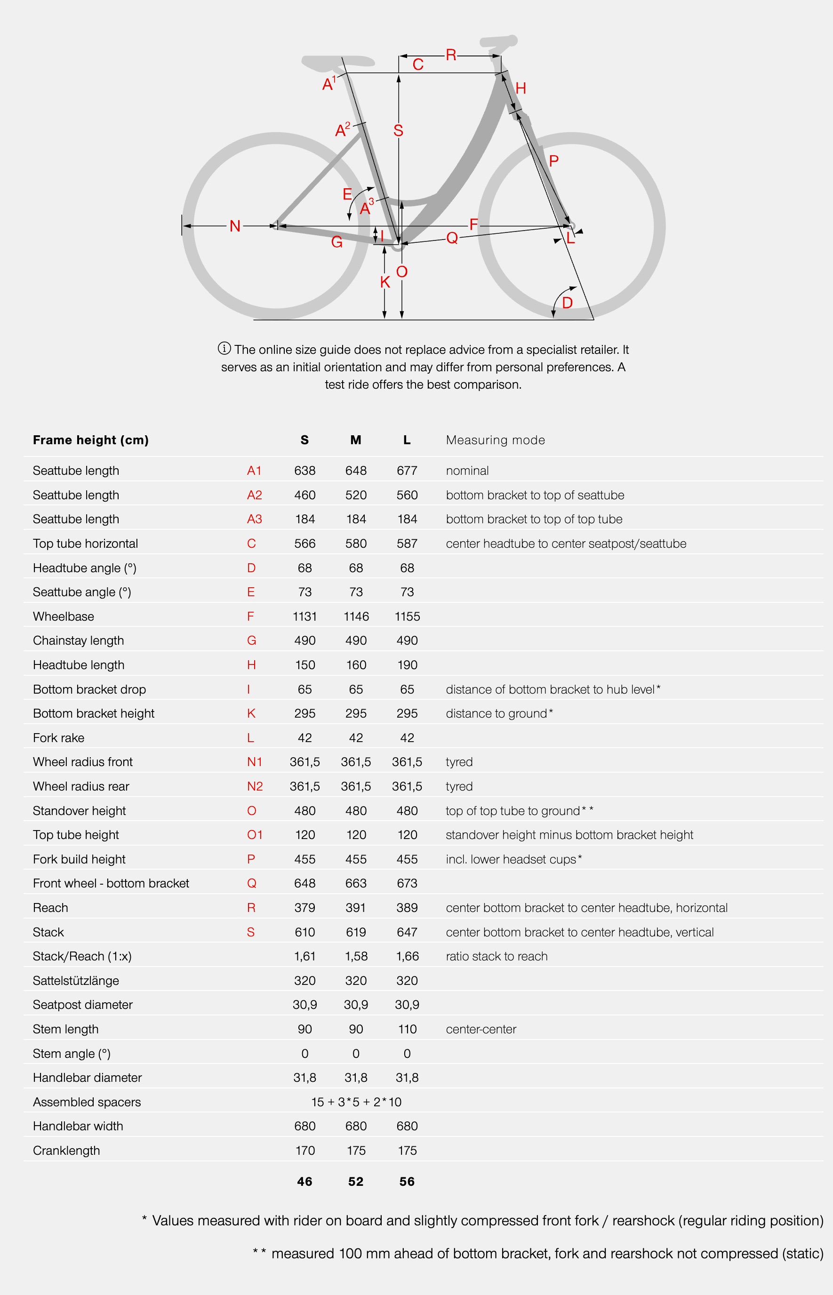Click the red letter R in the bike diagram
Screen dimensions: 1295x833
click(450, 55)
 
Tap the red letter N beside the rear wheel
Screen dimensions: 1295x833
click(235, 226)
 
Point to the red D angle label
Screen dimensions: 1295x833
click(567, 303)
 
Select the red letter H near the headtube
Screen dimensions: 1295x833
click(521, 88)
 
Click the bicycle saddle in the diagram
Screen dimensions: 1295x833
click(338, 63)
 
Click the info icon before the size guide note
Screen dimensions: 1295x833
click(224, 348)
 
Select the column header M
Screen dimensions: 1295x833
click(355, 440)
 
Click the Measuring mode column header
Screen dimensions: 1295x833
click(495, 440)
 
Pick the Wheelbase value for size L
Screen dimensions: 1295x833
click(407, 616)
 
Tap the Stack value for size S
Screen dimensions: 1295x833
click(304, 932)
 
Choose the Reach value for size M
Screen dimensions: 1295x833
click(355, 908)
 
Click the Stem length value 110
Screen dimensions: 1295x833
click(407, 1029)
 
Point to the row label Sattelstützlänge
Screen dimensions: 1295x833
click(76, 981)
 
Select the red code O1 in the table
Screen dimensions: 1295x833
click(254, 835)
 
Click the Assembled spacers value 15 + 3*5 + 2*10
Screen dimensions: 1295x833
click(356, 1102)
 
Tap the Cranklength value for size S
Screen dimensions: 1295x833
click(304, 1151)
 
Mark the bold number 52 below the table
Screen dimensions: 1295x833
click(355, 1182)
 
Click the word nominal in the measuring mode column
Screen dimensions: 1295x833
click(467, 471)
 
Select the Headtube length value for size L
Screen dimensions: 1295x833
click(407, 665)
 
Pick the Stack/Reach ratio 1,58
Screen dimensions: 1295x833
click(356, 957)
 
